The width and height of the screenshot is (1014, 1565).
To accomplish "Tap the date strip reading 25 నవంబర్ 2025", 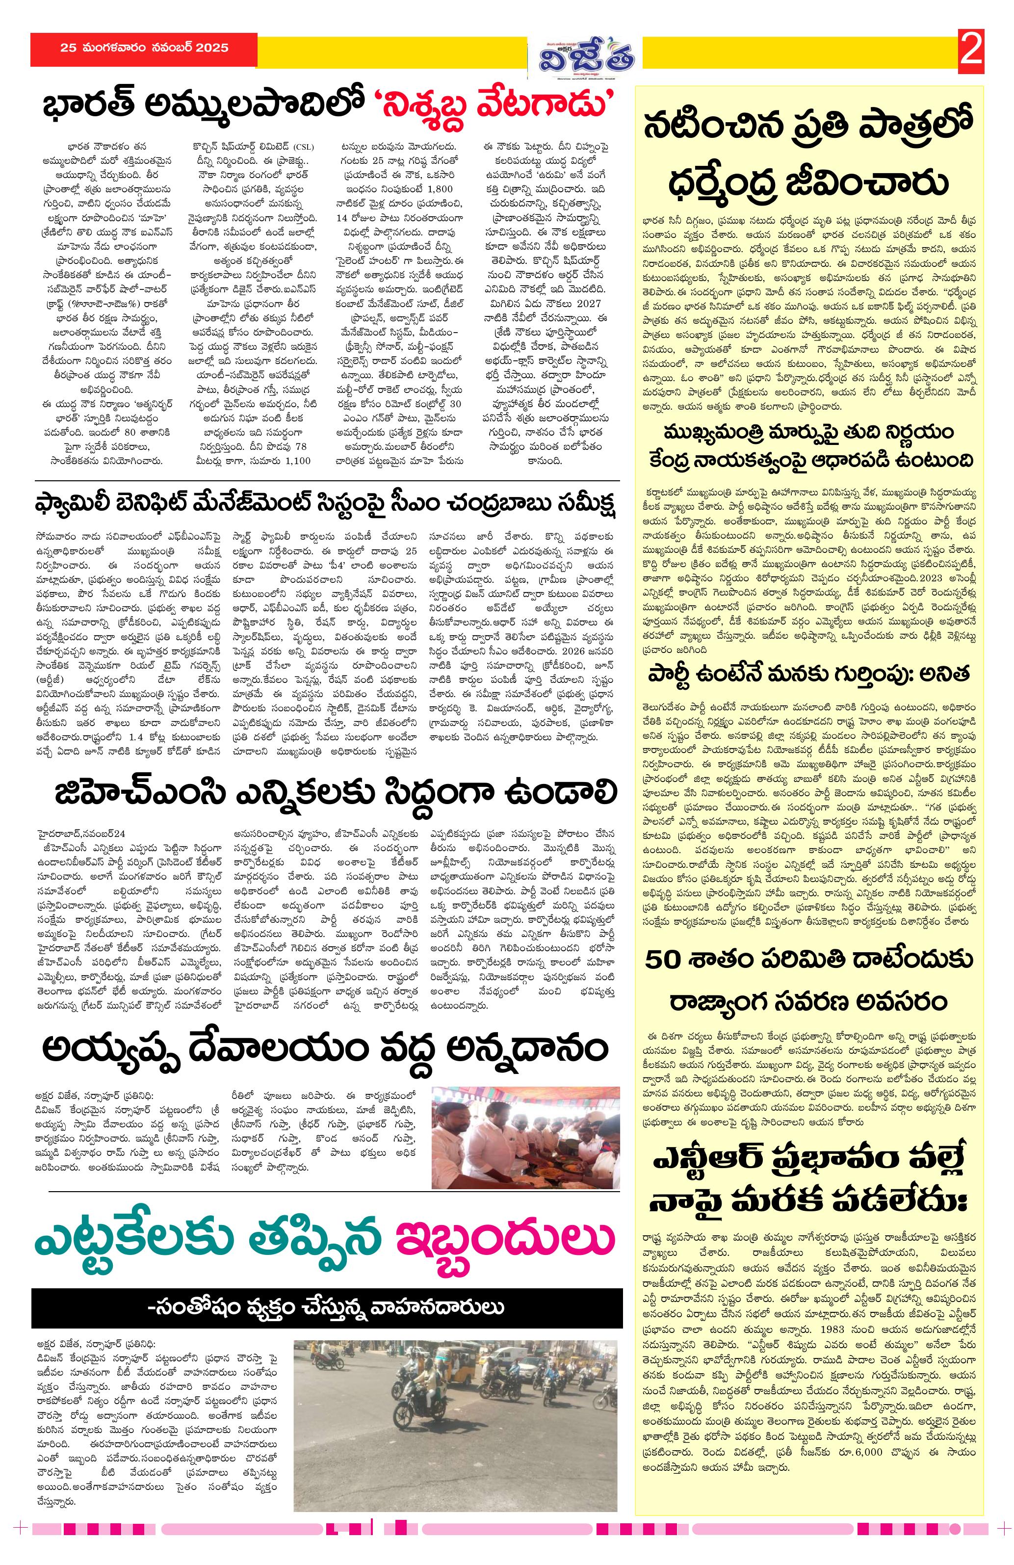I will tap(144, 48).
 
